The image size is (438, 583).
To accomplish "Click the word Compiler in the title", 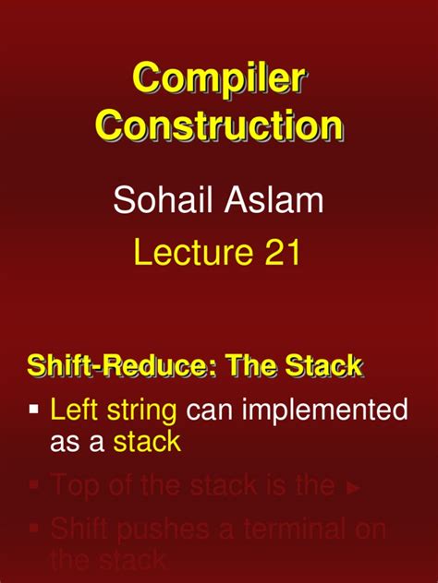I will [x=219, y=79].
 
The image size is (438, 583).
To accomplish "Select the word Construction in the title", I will [x=219, y=125].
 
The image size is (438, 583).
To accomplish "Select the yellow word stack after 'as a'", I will [x=148, y=442].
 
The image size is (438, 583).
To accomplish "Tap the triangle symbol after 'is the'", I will [x=353, y=488].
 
